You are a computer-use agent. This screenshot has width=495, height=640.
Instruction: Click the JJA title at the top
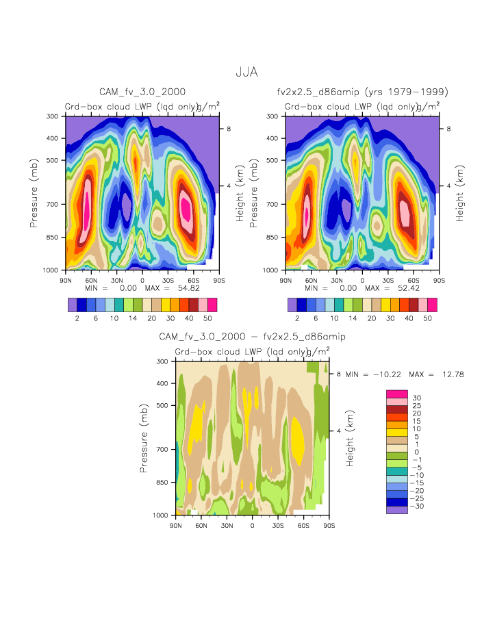[x=246, y=72]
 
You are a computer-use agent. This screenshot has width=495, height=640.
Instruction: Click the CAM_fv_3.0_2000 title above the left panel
[x=142, y=92]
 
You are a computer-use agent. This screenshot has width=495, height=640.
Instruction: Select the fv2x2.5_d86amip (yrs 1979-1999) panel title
[x=362, y=92]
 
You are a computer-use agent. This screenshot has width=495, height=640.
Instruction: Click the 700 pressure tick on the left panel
[x=52, y=204]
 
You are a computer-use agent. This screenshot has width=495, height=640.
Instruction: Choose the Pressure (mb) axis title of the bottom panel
[x=144, y=438]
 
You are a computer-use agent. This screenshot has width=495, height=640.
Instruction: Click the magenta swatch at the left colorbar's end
[x=212, y=305]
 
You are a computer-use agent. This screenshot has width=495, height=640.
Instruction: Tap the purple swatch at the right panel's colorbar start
[x=292, y=305]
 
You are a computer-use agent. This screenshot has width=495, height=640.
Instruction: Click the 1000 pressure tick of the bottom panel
[x=161, y=515]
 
